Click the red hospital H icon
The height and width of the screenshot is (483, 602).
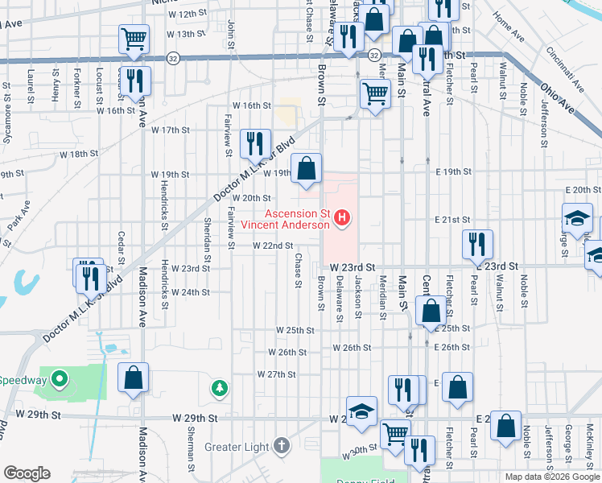(344, 218)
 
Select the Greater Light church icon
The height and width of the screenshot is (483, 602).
(281, 445)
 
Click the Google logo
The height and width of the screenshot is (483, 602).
(27, 473)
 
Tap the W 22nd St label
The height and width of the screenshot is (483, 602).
(273, 246)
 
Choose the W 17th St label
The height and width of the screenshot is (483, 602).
(169, 130)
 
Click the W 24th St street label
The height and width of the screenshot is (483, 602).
(189, 292)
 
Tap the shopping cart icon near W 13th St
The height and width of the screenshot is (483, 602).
(134, 38)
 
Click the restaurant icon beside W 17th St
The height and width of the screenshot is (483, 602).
(255, 143)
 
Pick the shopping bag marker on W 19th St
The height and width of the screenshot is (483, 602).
(306, 168)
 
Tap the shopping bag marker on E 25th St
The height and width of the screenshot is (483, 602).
(431, 310)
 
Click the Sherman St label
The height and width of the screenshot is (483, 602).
(192, 454)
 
